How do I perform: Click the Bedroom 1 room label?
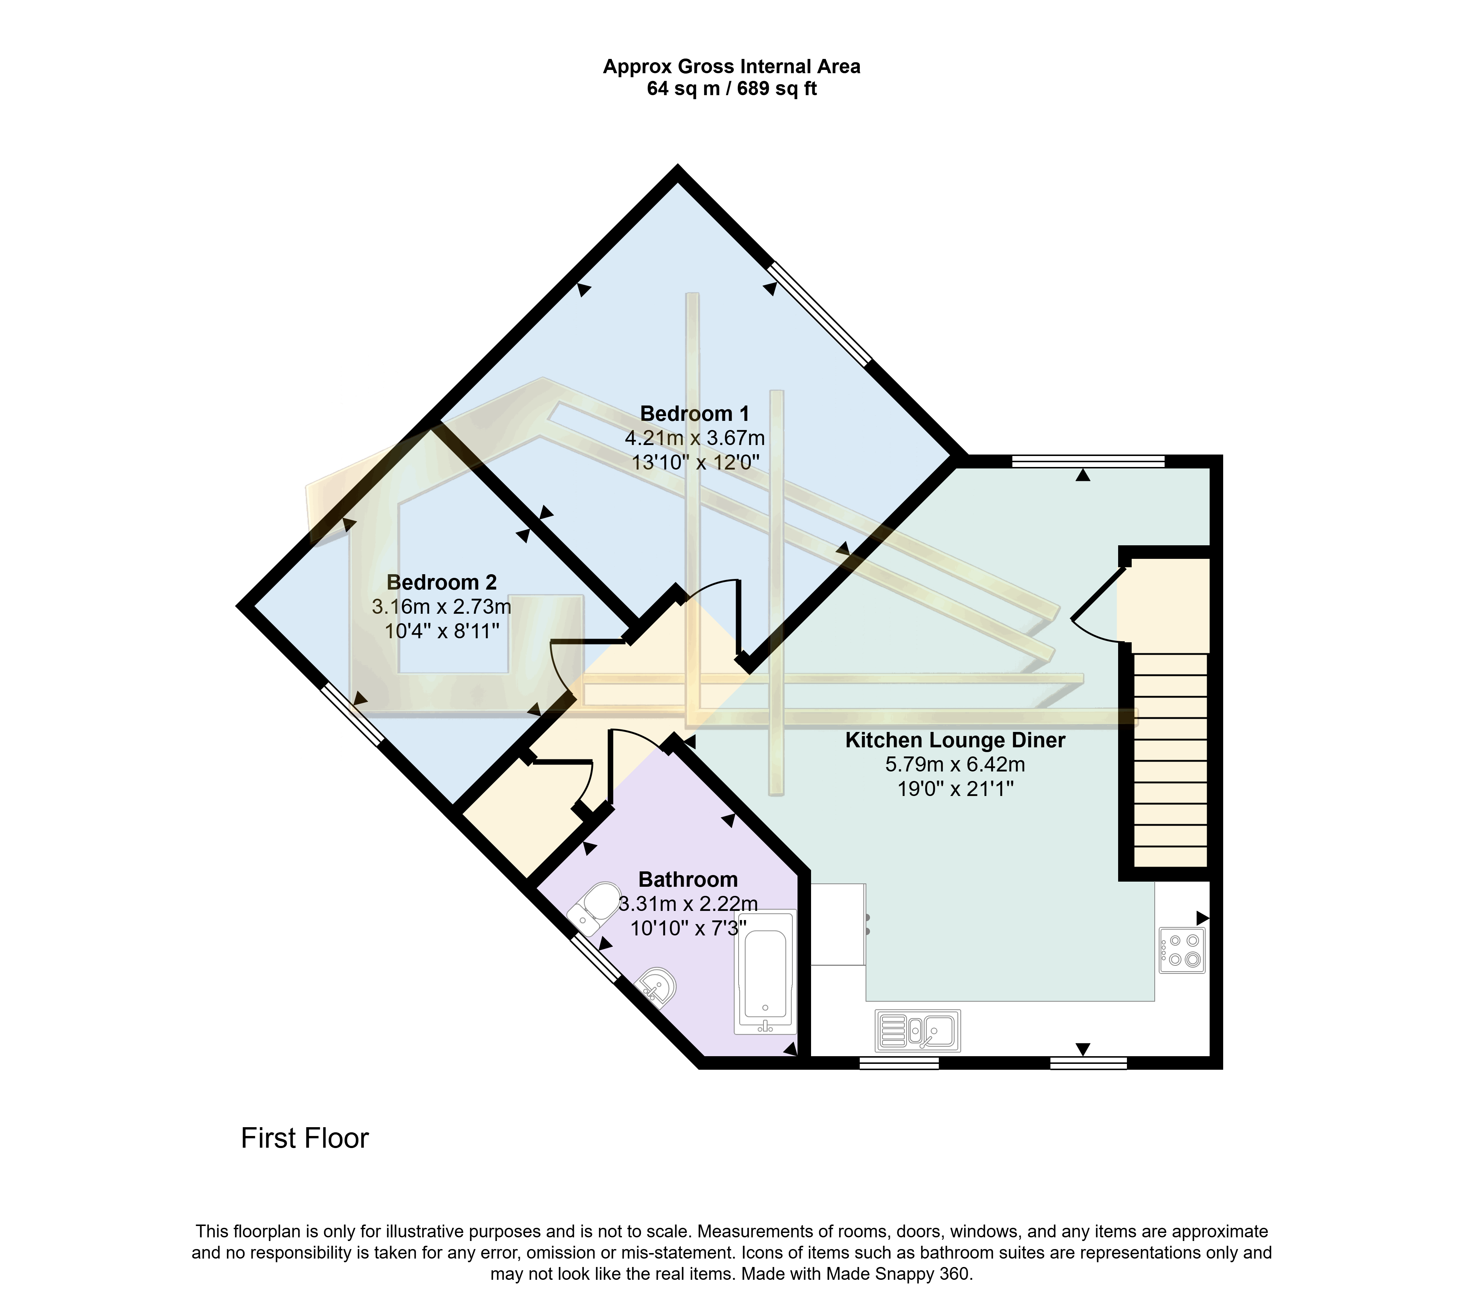694,414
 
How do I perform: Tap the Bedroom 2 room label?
441,583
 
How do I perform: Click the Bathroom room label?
688,879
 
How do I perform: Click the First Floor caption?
304,1138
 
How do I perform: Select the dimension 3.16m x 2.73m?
441,607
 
